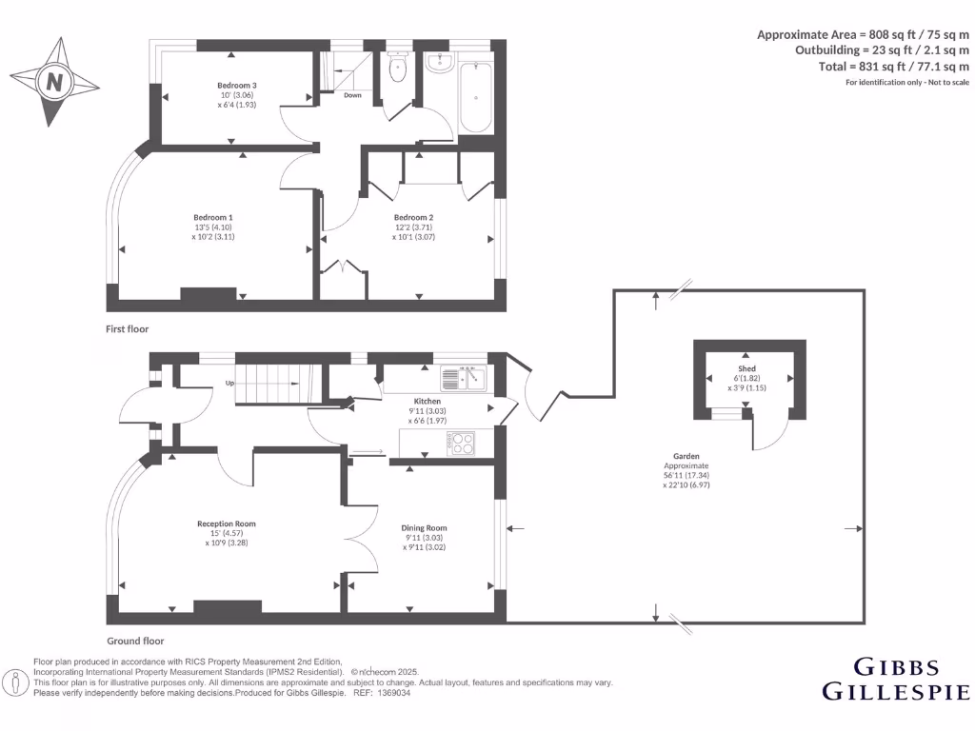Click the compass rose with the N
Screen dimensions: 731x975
click(x=54, y=82)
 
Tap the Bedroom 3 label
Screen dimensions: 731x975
click(x=237, y=86)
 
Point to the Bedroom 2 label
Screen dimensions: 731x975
click(x=414, y=217)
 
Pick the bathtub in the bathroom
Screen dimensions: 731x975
click(x=475, y=98)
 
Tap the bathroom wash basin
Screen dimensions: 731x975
click(x=440, y=63)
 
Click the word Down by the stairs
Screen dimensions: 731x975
click(x=352, y=95)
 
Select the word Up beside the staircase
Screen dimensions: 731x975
click(x=229, y=383)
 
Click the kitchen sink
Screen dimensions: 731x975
click(x=464, y=379)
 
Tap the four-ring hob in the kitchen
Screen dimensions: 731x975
click(x=462, y=442)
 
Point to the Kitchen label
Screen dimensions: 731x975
click(x=427, y=402)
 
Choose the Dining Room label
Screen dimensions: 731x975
click(x=424, y=528)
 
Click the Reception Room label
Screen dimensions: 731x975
click(x=226, y=524)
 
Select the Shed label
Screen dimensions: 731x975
click(x=746, y=368)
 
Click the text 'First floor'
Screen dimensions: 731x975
click(x=127, y=328)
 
